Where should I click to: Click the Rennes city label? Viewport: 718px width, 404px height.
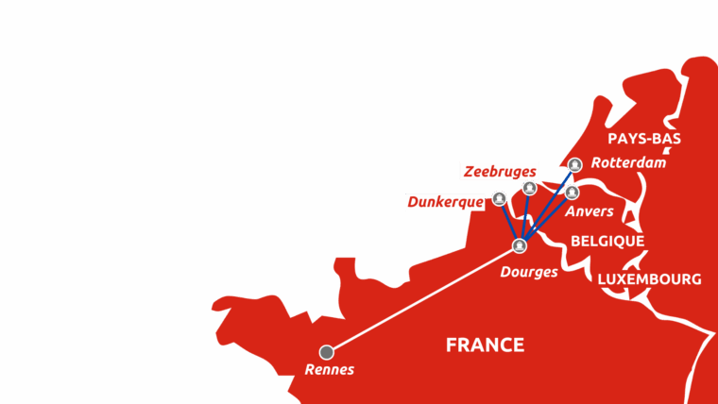tap(329, 370)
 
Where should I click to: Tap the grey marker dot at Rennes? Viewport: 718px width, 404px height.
tap(327, 352)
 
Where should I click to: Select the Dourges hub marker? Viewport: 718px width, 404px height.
tap(519, 246)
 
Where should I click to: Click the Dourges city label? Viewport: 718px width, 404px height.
tap(529, 272)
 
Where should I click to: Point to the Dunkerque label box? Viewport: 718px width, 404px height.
tap(445, 202)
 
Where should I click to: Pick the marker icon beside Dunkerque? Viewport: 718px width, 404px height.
tap(499, 198)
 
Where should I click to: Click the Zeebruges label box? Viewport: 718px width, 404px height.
tap(500, 171)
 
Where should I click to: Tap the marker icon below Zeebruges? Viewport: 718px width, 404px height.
tap(530, 188)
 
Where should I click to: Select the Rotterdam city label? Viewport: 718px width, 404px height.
tap(628, 163)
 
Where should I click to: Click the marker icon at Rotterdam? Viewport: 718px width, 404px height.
tap(574, 163)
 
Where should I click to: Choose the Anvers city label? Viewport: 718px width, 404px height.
tap(590, 211)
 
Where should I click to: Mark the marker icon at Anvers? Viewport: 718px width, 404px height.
tap(572, 193)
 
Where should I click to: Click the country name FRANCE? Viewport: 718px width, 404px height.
tap(485, 345)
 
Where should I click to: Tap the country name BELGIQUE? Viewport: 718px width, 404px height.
tap(607, 242)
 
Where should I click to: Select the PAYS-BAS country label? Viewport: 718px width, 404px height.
tap(644, 139)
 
